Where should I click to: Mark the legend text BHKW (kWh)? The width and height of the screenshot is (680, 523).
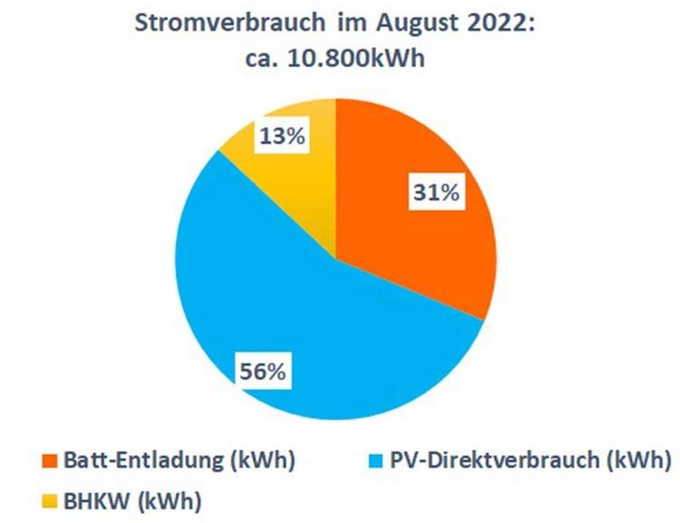(x=131, y=499)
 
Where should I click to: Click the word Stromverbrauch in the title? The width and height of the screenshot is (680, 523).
(x=218, y=24)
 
